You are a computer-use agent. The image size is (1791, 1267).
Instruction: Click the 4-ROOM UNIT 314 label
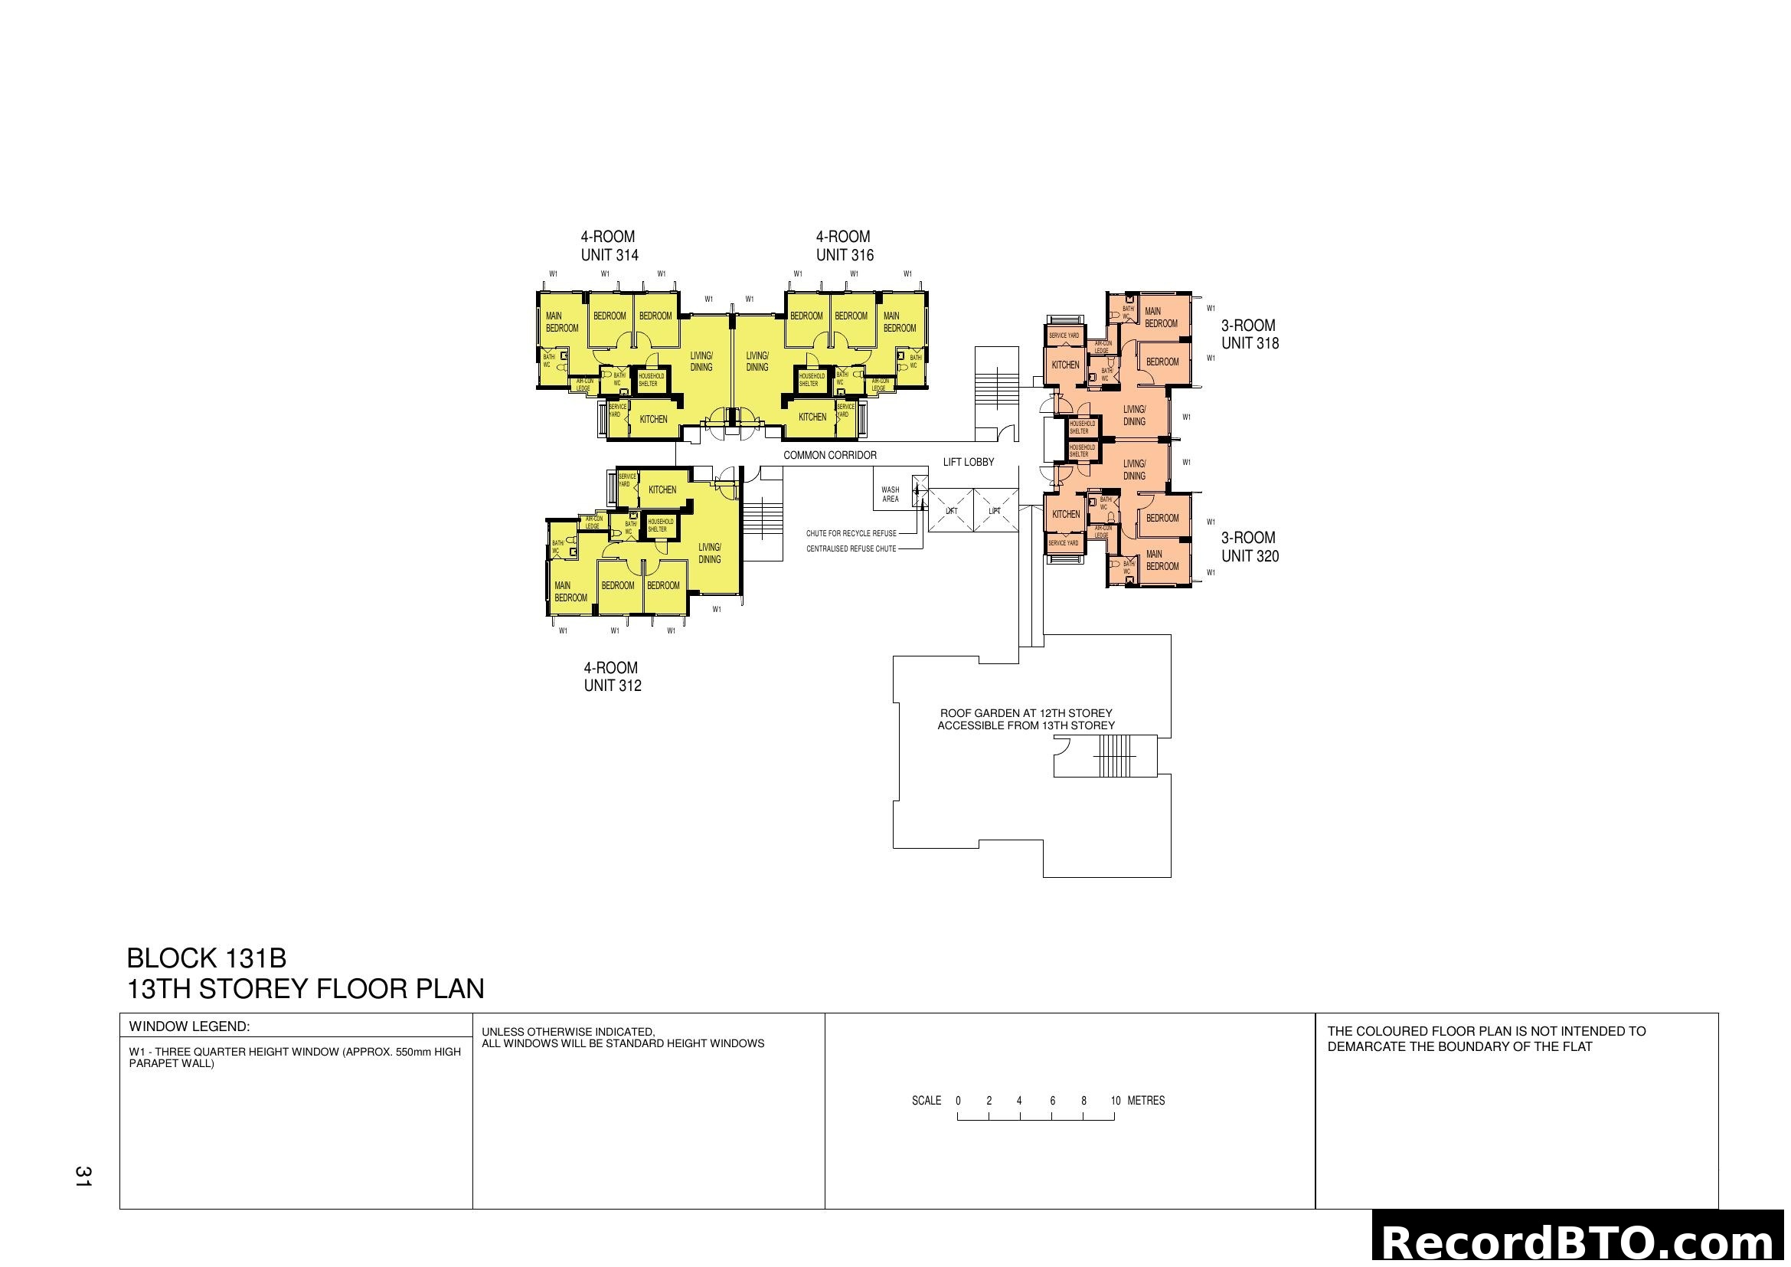[609, 246]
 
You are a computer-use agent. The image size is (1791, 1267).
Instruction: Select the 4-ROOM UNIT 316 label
[844, 246]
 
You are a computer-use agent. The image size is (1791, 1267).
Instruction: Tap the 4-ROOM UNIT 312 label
[613, 676]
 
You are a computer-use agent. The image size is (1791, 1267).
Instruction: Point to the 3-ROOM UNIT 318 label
[1250, 334]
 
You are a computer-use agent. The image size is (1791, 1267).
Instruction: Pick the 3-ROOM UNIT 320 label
[1250, 547]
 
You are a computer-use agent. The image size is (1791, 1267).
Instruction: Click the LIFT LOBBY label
[968, 462]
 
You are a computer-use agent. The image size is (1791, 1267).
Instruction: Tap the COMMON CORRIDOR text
[829, 455]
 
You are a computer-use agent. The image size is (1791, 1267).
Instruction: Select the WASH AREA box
[891, 495]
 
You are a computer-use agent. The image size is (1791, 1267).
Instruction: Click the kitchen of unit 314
[654, 419]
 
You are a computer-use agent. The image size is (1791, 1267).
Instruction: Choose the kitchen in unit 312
[662, 490]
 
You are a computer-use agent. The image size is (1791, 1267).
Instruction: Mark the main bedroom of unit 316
[900, 322]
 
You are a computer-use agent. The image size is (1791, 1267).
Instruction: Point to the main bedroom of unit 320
[1162, 560]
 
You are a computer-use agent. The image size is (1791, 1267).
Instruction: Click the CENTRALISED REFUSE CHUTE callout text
[851, 549]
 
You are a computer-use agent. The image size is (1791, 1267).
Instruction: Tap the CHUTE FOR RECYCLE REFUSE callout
[851, 534]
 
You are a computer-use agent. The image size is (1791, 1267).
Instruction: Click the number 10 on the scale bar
[1116, 1101]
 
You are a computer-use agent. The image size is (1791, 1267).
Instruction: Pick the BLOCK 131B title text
[207, 958]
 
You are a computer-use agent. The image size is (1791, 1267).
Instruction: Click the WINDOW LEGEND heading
[190, 1026]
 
